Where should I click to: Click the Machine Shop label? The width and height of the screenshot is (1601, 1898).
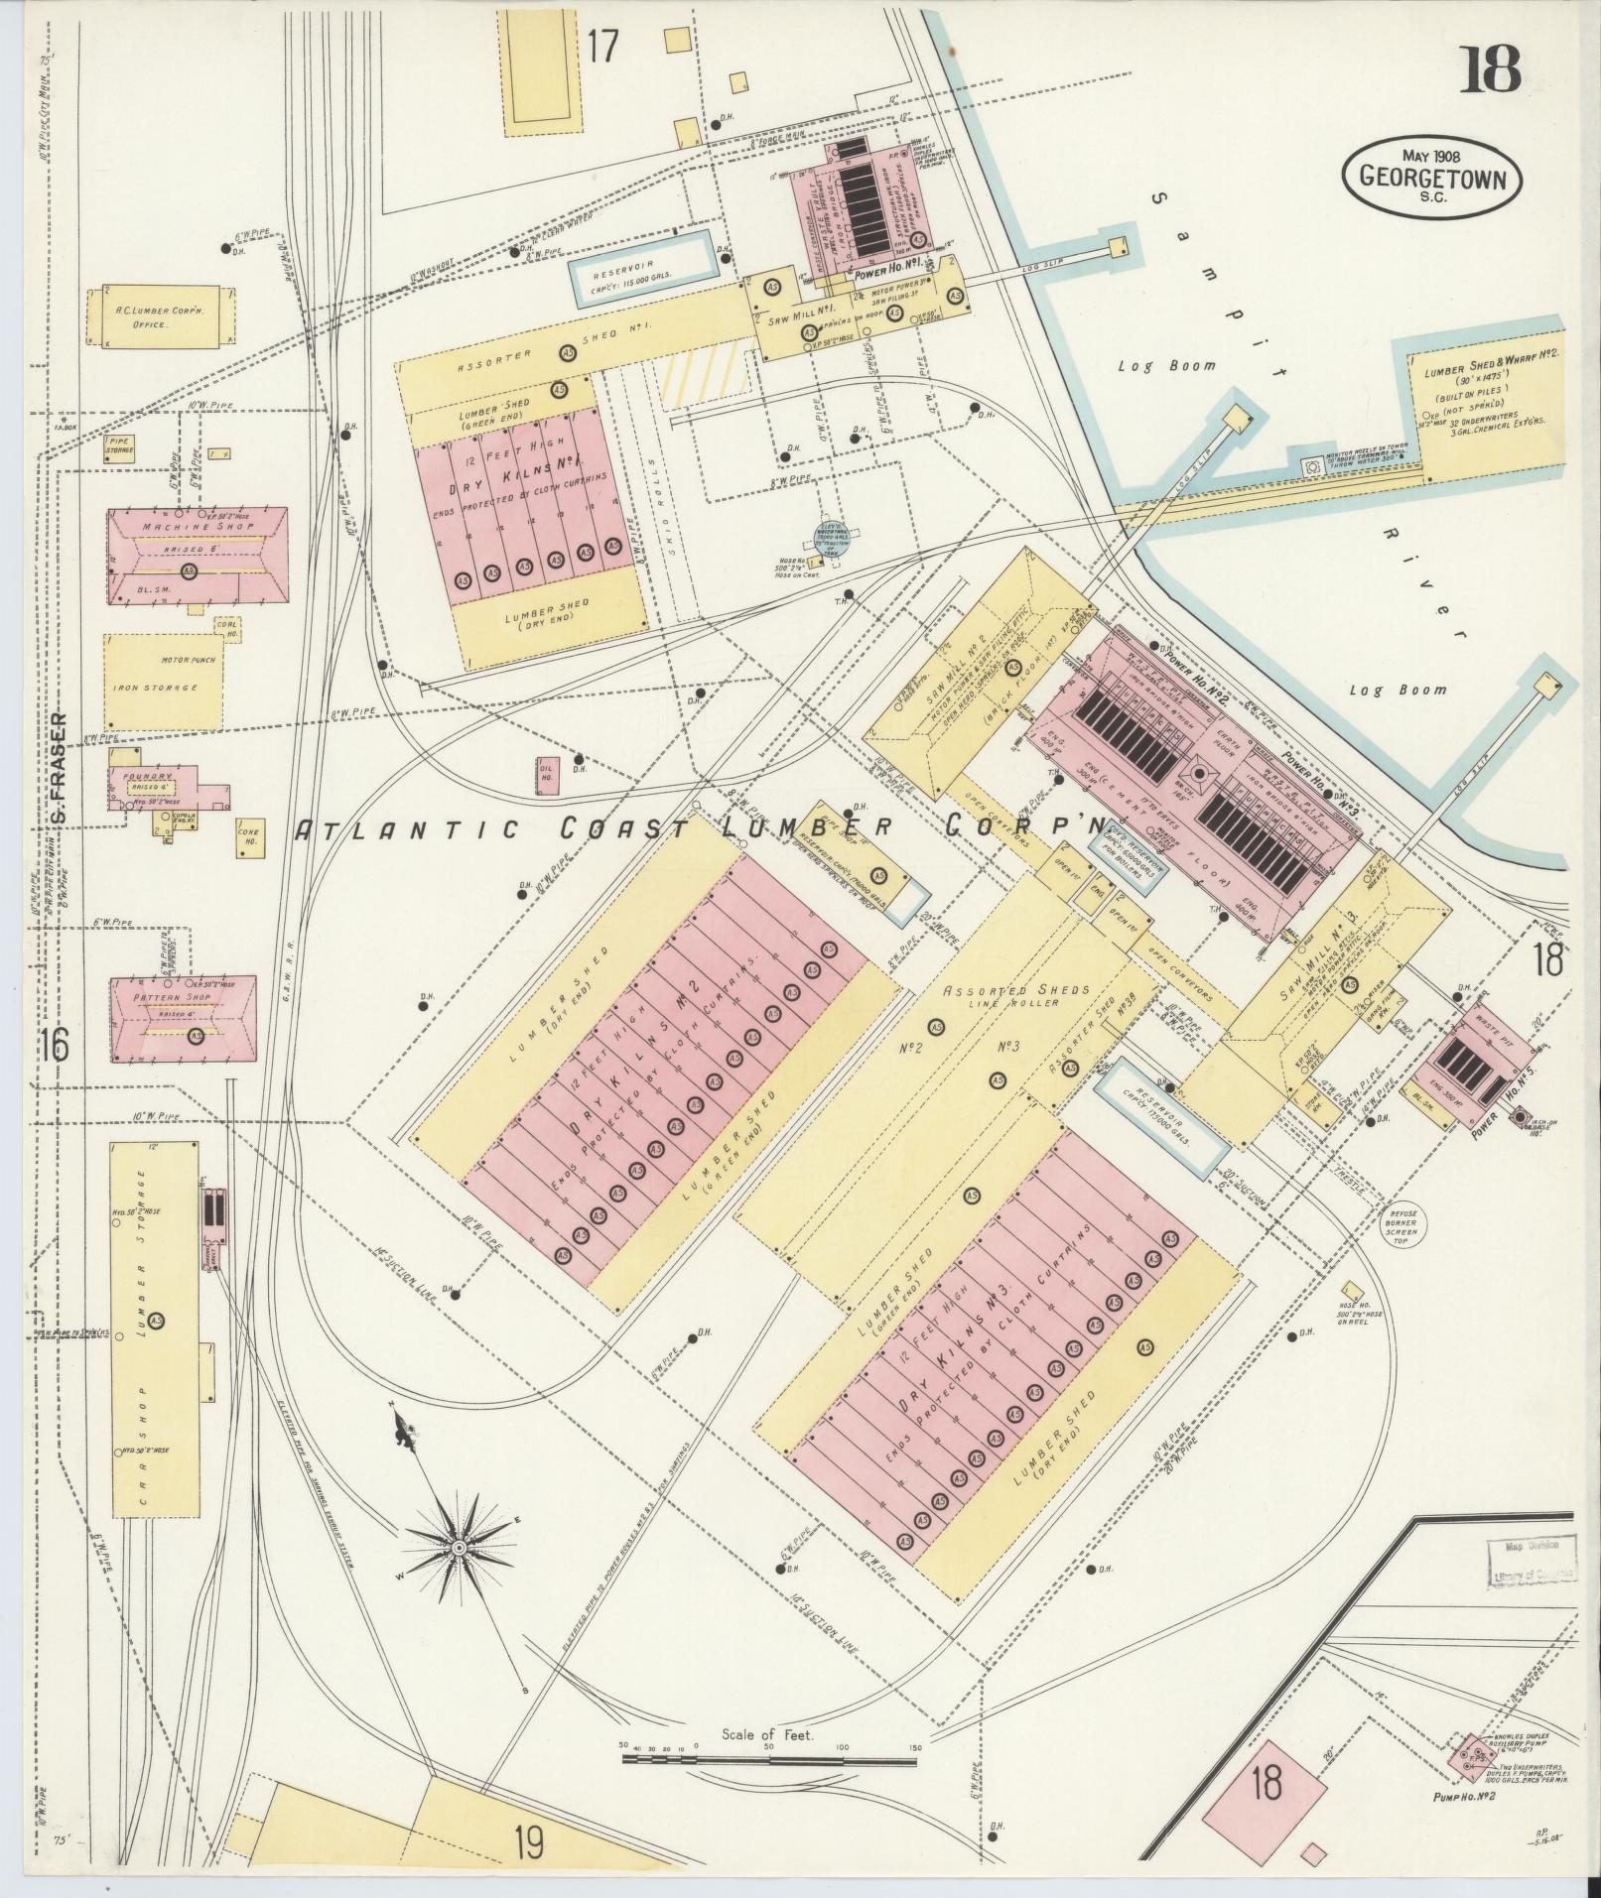click(x=180, y=527)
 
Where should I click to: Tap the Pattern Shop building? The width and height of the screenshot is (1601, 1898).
click(x=185, y=1017)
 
